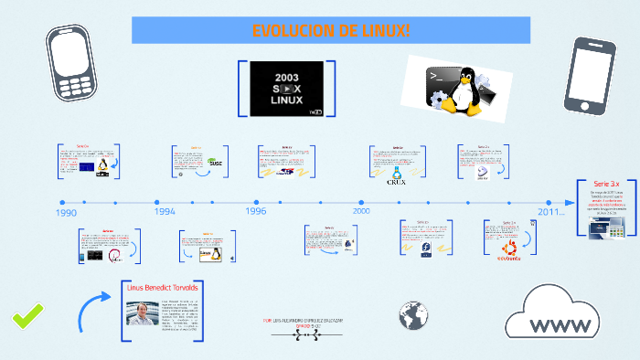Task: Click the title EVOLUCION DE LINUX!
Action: [x=331, y=31]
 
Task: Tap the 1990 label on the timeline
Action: [x=66, y=213]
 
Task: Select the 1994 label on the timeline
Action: [x=165, y=211]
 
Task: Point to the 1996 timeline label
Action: [x=256, y=211]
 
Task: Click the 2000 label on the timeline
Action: [x=361, y=211]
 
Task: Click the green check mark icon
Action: [x=27, y=317]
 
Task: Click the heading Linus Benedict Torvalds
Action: [x=162, y=287]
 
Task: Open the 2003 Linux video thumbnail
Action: [x=286, y=89]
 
